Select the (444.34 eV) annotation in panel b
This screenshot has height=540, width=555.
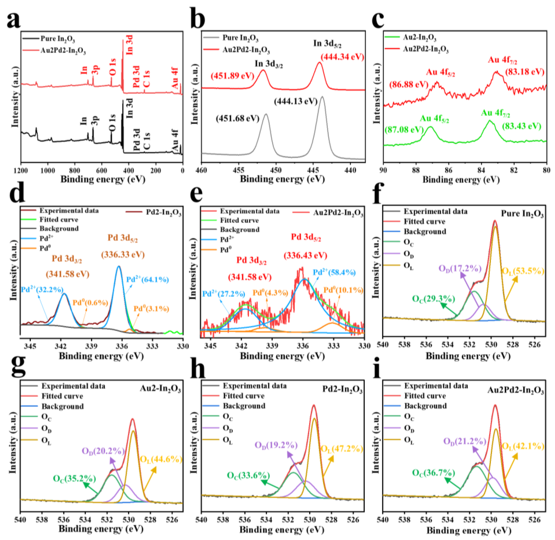342,57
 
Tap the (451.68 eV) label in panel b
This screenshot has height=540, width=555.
238,119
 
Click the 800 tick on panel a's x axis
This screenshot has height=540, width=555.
75,171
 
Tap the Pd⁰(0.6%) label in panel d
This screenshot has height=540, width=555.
90,303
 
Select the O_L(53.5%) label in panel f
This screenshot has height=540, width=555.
523,271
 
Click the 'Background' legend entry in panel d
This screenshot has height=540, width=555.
59,229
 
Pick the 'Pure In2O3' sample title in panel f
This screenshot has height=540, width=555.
522,214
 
